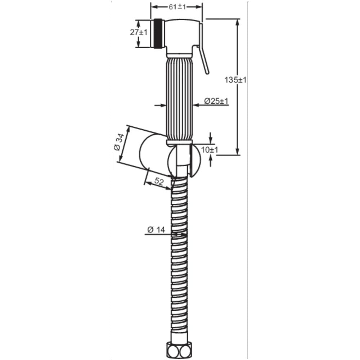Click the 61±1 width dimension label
click(x=177, y=7)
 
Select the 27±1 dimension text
click(x=139, y=32)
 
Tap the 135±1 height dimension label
click(x=235, y=80)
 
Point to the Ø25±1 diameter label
click(x=216, y=101)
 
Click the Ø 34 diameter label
click(x=119, y=142)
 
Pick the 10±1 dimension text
click(x=210, y=150)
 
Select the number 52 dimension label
click(x=159, y=181)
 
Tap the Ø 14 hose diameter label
click(x=156, y=229)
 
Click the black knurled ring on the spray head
click(x=158, y=33)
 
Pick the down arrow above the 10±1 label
click(x=211, y=140)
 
